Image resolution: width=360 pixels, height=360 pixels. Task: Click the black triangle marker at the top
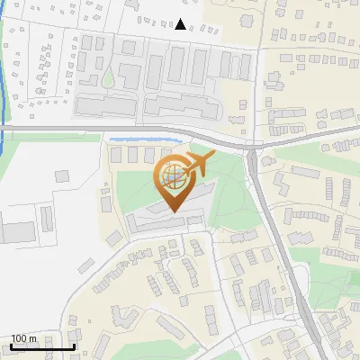point(182,24)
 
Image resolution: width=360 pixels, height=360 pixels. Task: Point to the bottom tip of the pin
point(171,211)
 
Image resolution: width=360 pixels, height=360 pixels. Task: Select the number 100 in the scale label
point(19,338)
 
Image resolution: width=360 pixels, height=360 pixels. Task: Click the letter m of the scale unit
point(32,338)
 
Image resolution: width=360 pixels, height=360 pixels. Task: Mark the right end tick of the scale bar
point(74,346)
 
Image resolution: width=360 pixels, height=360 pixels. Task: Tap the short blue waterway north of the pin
point(144,139)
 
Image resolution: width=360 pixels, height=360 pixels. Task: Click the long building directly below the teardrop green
point(108,106)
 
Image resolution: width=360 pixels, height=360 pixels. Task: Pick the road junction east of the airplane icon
point(253,147)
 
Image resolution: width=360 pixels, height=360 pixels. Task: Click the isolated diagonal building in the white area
point(114,236)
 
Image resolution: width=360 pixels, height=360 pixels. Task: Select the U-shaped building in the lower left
point(123,317)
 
